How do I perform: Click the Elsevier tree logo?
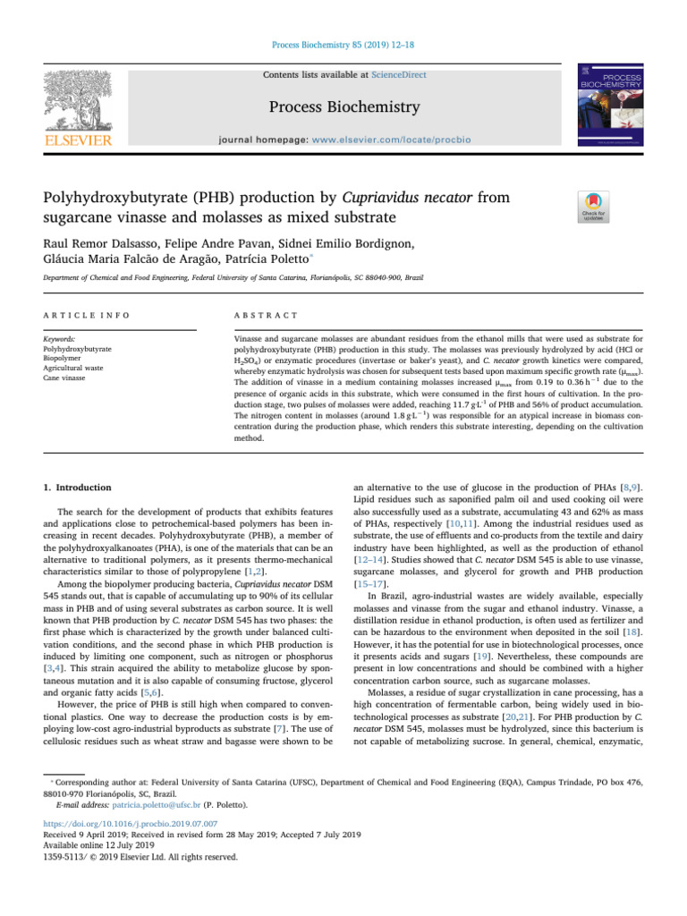[x=79, y=98]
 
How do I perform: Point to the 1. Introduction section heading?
[x=78, y=488]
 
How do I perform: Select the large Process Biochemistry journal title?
[x=344, y=108]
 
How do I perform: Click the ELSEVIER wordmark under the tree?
[x=79, y=141]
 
